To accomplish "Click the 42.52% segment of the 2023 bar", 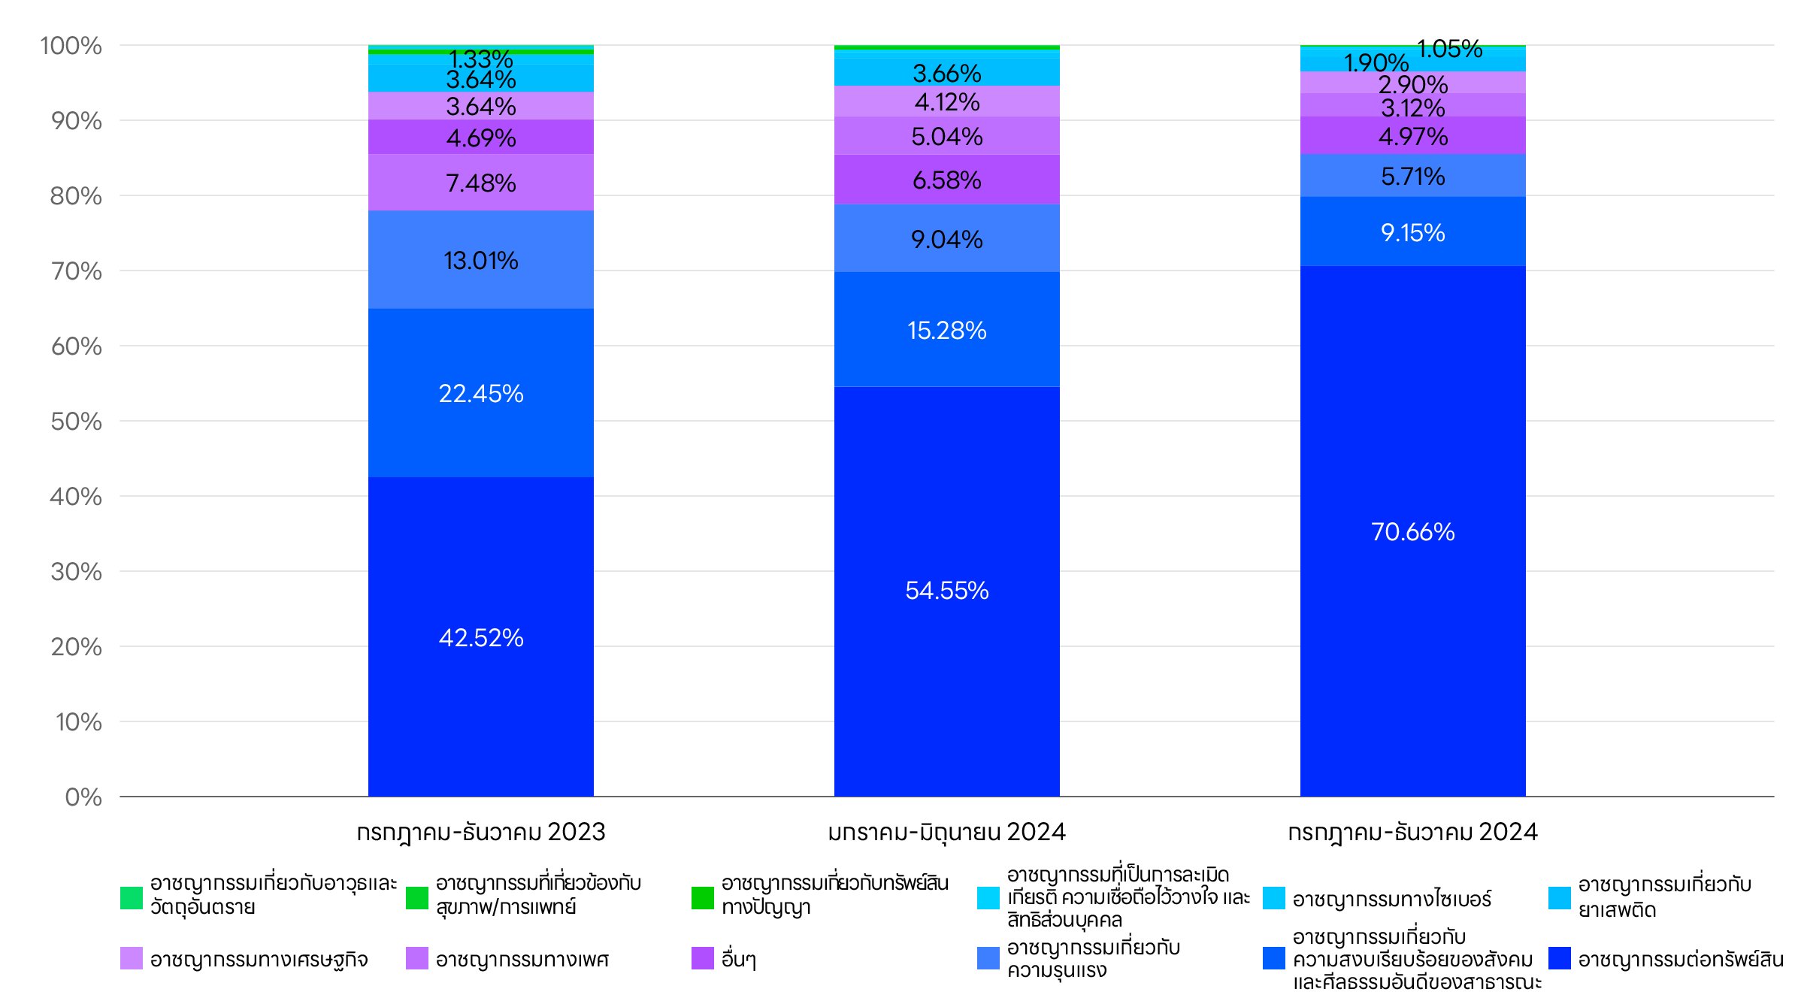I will coord(481,637).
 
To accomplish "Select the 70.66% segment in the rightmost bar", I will coord(1413,531).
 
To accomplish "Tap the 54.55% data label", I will coord(947,591).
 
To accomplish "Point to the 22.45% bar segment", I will coord(481,393).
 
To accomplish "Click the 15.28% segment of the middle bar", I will coord(947,330).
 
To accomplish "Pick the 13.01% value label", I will coord(481,261).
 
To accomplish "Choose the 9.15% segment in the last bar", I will coord(1413,232).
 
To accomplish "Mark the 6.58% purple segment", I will coord(947,180).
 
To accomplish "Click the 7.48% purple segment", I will coord(481,183).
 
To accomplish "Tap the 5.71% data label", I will coord(1413,177).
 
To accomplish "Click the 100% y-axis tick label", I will coord(71,46).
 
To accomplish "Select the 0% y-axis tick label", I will coord(83,797).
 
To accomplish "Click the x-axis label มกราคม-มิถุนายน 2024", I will coord(947,832).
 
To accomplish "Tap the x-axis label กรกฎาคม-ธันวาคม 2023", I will coord(481,832).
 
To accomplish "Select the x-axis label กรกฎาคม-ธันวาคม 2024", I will coord(1413,832).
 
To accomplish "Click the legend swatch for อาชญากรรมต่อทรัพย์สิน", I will coord(1560,958).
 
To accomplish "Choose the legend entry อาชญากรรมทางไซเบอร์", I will coord(1391,899).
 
